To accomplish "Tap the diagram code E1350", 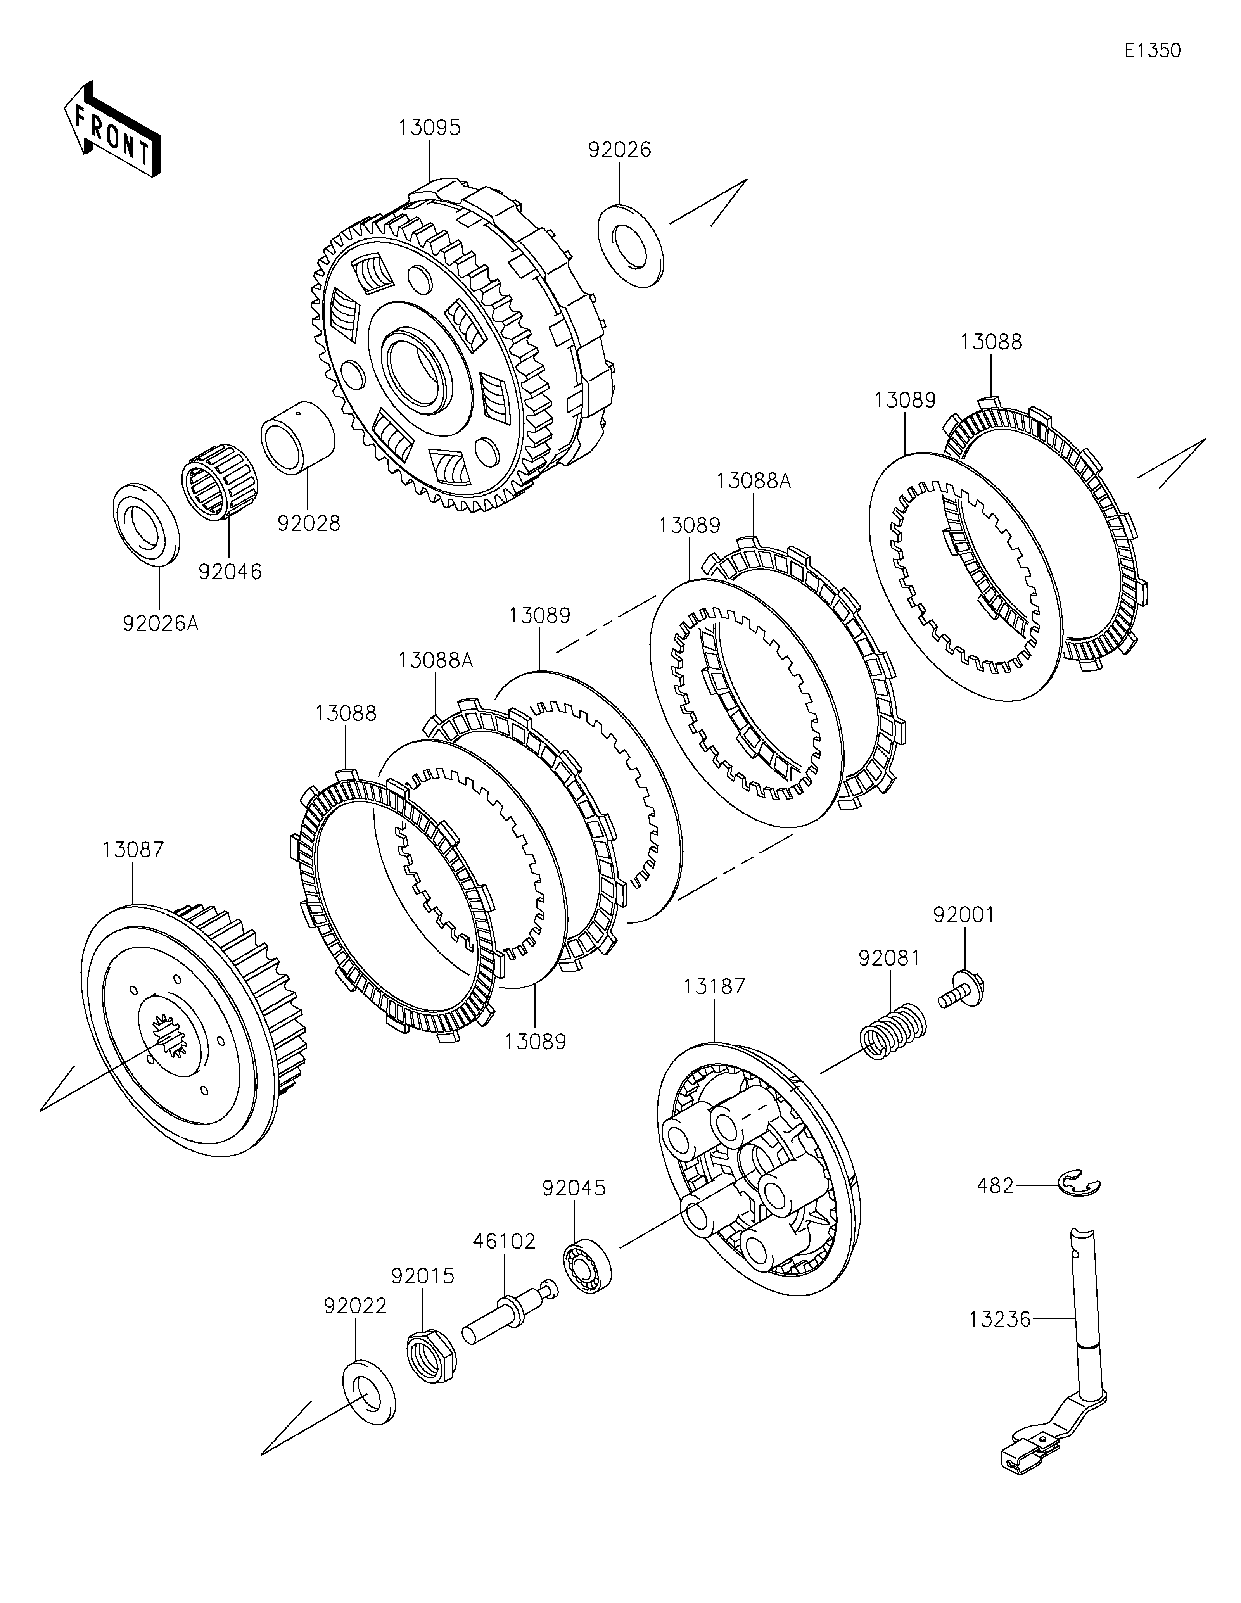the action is click(x=1152, y=51).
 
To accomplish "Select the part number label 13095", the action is click(x=429, y=128).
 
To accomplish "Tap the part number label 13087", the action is click(x=133, y=850).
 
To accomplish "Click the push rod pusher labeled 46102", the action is click(x=509, y=1313).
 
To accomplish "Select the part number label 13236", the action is click(x=999, y=1320).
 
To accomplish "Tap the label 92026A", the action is click(x=161, y=624).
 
